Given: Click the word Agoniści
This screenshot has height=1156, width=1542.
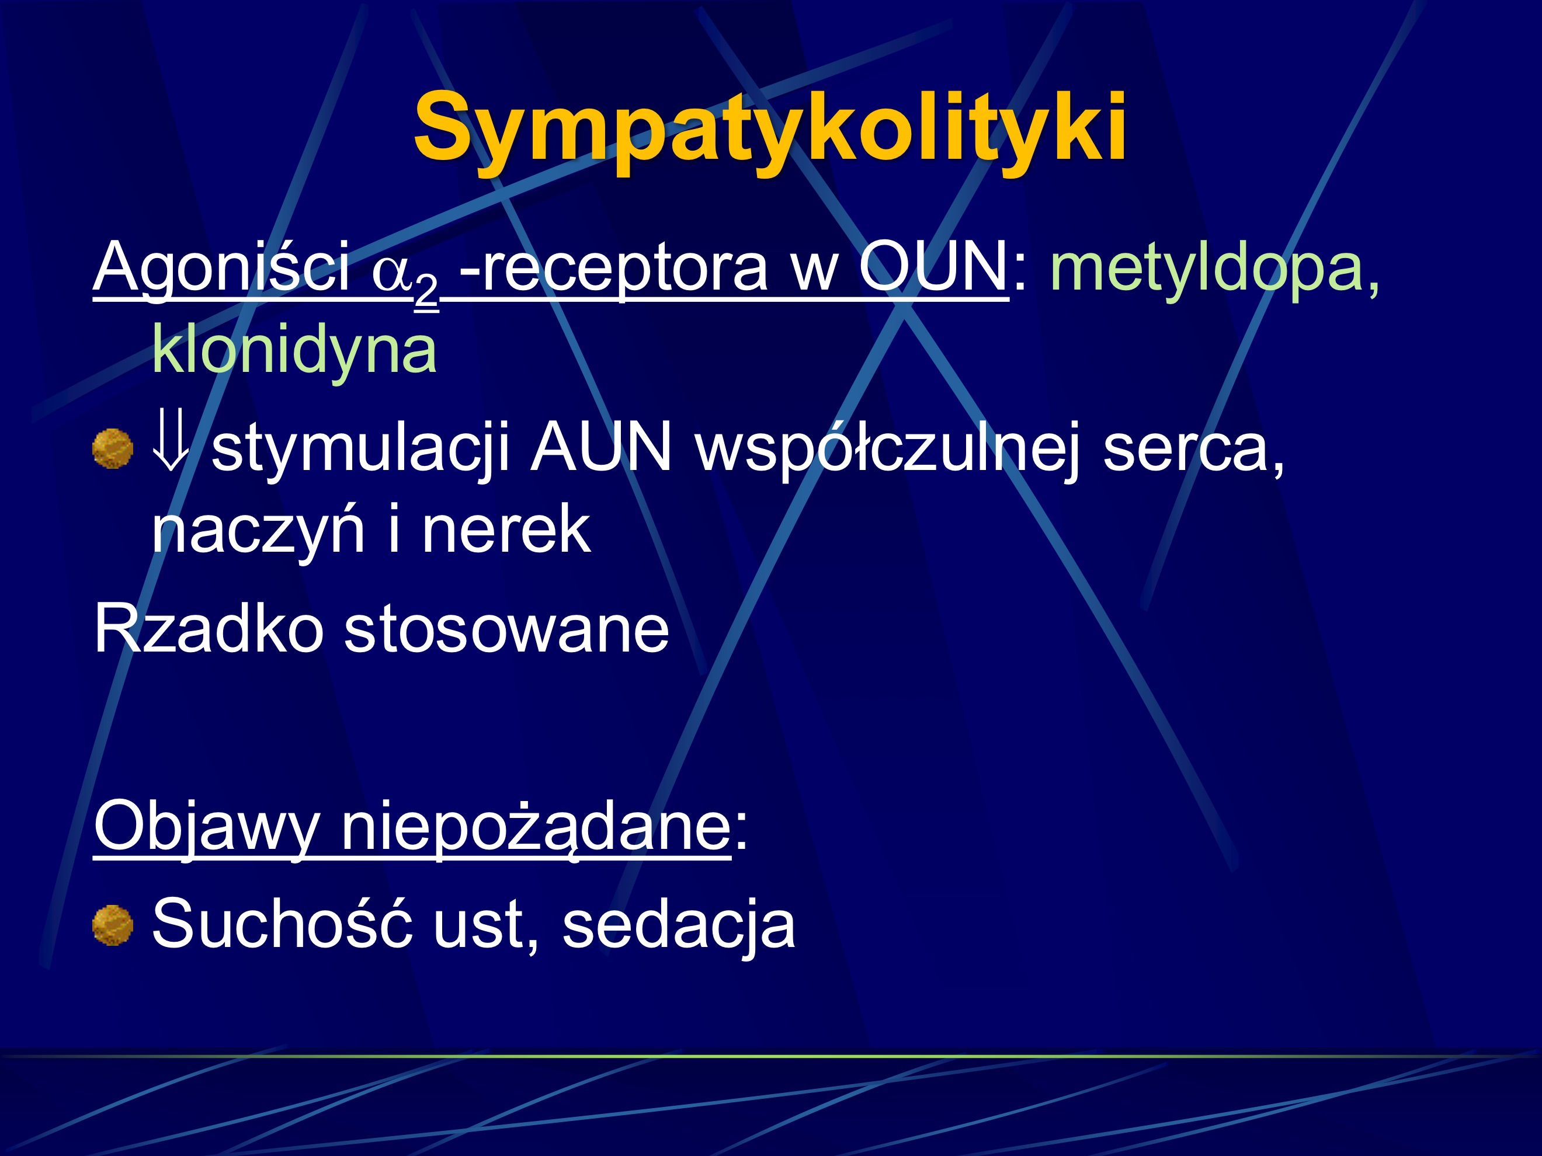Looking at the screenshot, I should [222, 267].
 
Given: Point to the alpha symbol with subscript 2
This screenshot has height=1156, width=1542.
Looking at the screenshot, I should [403, 275].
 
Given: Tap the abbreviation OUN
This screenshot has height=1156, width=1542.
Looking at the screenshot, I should [932, 267].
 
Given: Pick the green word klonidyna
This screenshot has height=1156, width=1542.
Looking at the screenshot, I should [294, 350].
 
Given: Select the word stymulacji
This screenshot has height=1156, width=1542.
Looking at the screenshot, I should [360, 448].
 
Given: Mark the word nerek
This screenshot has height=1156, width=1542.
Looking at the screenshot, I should [507, 530].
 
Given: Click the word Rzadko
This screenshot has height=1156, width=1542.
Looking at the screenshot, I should [209, 629].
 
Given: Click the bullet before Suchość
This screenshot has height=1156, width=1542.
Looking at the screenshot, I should [113, 925].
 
